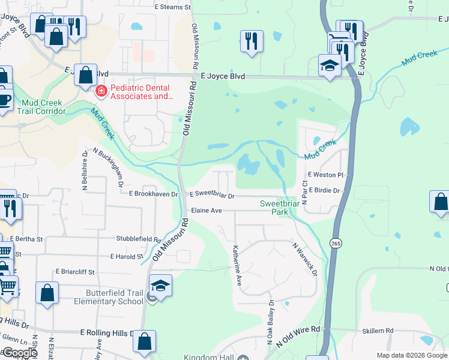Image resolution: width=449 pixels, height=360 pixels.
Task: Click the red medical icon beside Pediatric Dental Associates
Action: pyautogui.click(x=101, y=91)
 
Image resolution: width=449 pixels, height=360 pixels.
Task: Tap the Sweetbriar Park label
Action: pyautogui.click(x=279, y=208)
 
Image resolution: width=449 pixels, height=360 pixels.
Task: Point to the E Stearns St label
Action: pyautogui.click(x=172, y=7)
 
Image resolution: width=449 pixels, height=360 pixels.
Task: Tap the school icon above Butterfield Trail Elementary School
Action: pyautogui.click(x=161, y=285)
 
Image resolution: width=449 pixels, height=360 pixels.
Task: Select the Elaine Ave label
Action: pyautogui.click(x=206, y=211)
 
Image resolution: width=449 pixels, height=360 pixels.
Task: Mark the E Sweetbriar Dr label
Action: pyautogui.click(x=212, y=195)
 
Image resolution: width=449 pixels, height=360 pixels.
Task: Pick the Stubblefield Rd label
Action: pyautogui.click(x=139, y=238)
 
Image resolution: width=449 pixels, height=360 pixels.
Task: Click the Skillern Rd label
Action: pyautogui.click(x=378, y=331)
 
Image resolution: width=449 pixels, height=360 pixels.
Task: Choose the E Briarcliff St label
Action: pyautogui.click(x=76, y=271)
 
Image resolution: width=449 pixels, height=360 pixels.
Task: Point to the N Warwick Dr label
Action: pyautogui.click(x=306, y=259)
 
